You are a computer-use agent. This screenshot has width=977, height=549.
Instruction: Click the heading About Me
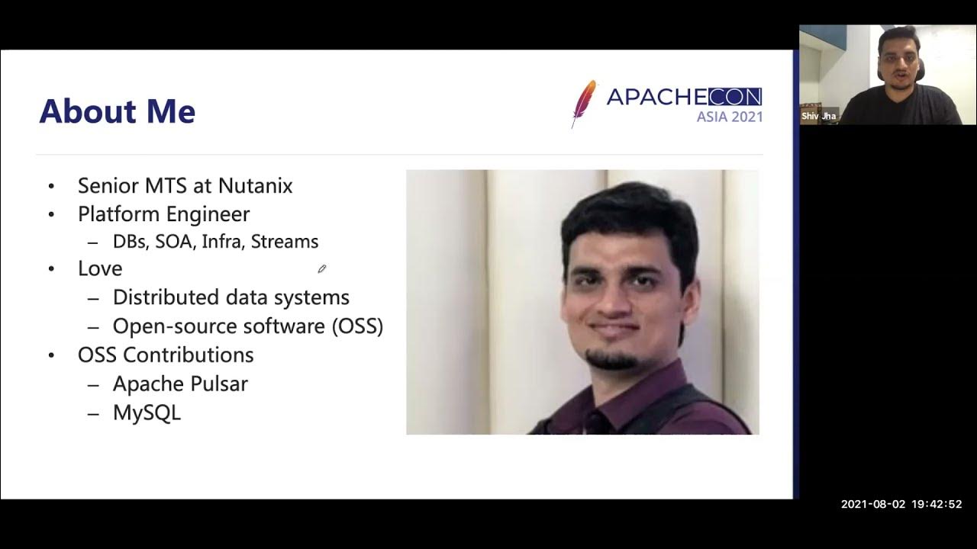tap(118, 111)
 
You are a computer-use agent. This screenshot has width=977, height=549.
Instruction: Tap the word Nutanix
tap(255, 186)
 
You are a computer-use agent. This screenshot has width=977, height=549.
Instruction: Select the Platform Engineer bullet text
tap(163, 214)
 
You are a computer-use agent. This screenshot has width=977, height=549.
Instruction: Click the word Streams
tap(284, 242)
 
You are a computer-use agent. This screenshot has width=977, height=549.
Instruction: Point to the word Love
tap(100, 268)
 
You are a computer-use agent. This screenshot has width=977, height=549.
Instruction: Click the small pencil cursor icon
tap(322, 268)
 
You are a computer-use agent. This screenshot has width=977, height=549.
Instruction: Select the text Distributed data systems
tap(231, 297)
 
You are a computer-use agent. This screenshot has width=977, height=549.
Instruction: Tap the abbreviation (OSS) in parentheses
tap(357, 326)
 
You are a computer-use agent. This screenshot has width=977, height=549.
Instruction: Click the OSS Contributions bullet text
tap(166, 355)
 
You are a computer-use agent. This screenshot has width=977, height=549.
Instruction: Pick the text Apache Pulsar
tap(180, 384)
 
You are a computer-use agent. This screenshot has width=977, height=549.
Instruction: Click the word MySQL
tap(147, 413)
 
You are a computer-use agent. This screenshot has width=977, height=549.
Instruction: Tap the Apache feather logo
tap(584, 103)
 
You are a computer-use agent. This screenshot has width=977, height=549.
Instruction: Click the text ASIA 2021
tap(729, 117)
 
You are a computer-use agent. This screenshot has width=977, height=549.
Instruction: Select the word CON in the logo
tap(734, 97)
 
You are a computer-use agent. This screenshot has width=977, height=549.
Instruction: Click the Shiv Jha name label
tap(818, 117)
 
